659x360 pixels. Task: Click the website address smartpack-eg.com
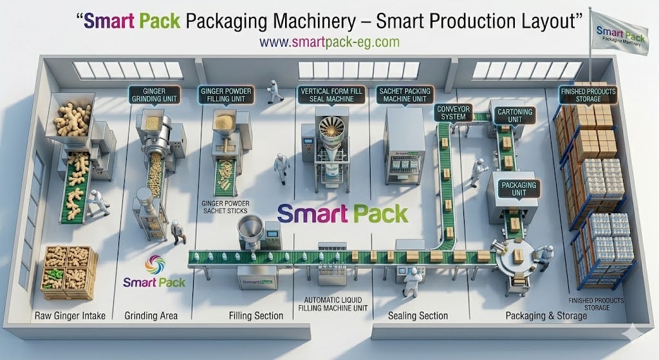[x=329, y=42]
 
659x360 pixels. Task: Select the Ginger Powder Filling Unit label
[x=226, y=95]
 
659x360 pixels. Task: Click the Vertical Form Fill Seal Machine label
[x=331, y=95]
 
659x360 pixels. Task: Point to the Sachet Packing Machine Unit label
[x=405, y=95]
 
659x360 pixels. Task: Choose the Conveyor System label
[x=450, y=112]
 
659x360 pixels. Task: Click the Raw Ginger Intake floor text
[x=70, y=316]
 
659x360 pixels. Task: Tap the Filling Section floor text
[x=256, y=316]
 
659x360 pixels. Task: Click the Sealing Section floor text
[x=418, y=316]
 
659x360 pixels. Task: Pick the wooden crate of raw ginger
[x=69, y=272]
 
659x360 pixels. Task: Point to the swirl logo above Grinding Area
[x=154, y=265]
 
